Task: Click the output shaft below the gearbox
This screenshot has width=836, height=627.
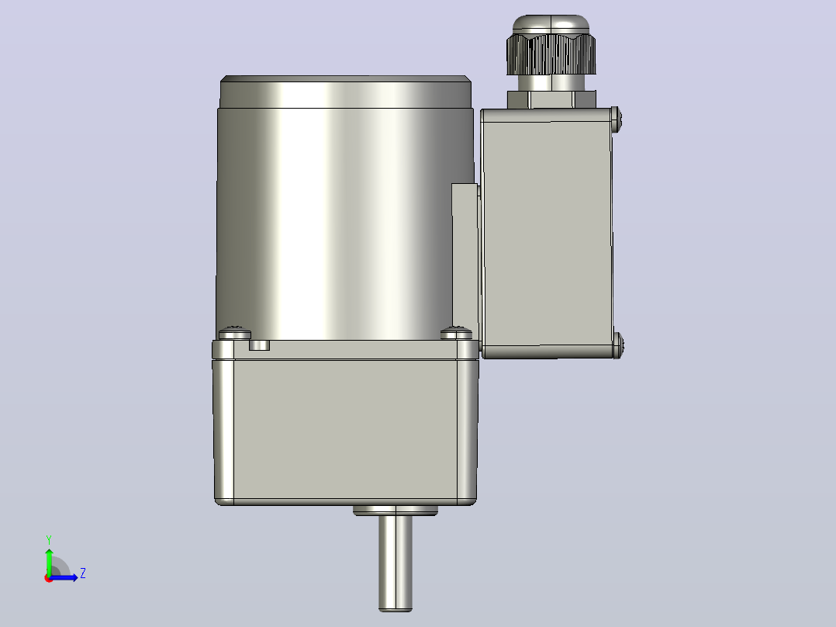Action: coord(395,563)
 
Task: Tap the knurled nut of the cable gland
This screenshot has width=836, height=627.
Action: coord(551,54)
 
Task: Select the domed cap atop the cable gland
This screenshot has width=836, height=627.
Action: coord(551,25)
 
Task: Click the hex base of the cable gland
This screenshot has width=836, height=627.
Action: coord(551,99)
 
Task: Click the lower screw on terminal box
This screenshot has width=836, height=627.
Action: coord(617,345)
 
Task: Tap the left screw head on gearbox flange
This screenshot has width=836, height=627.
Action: coord(234,334)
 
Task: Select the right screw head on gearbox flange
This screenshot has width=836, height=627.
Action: coord(456,334)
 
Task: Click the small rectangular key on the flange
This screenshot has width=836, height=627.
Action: coord(259,345)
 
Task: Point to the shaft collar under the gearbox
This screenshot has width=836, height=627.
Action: coord(395,511)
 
